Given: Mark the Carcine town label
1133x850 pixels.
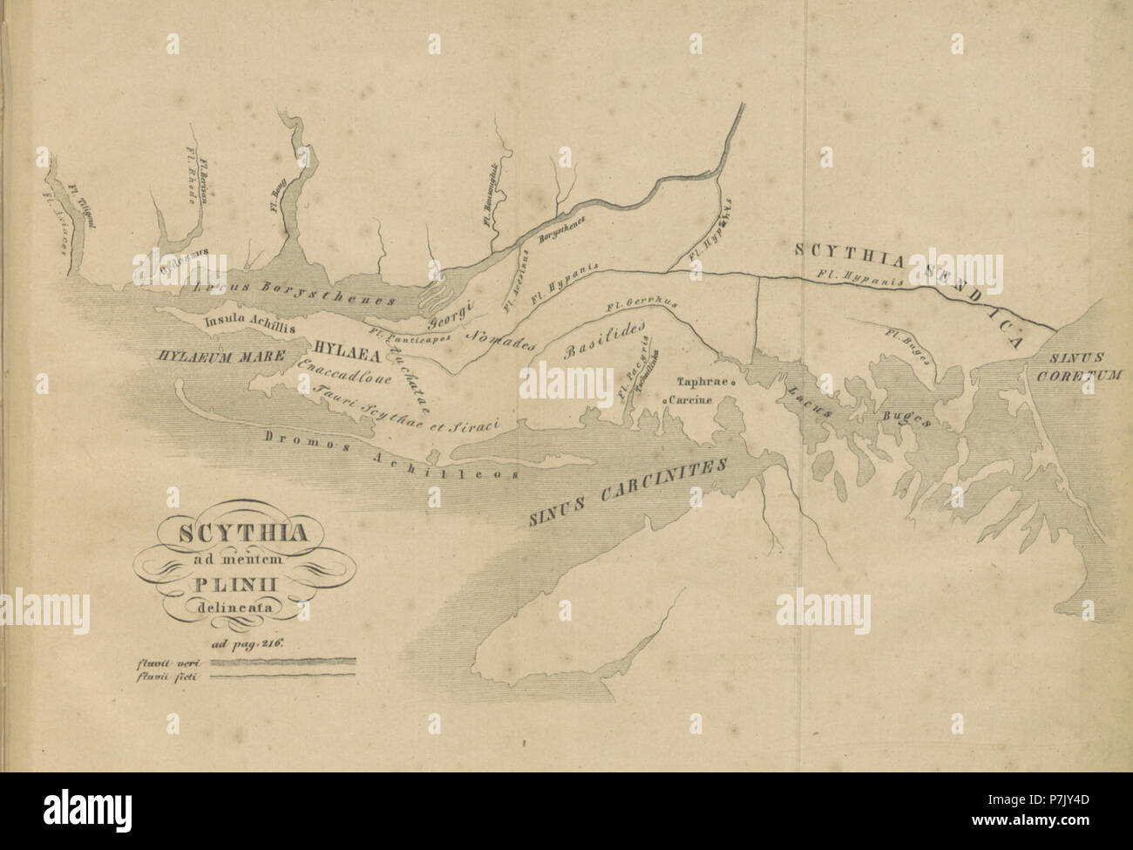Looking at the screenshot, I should pyautogui.click(x=692, y=399).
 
